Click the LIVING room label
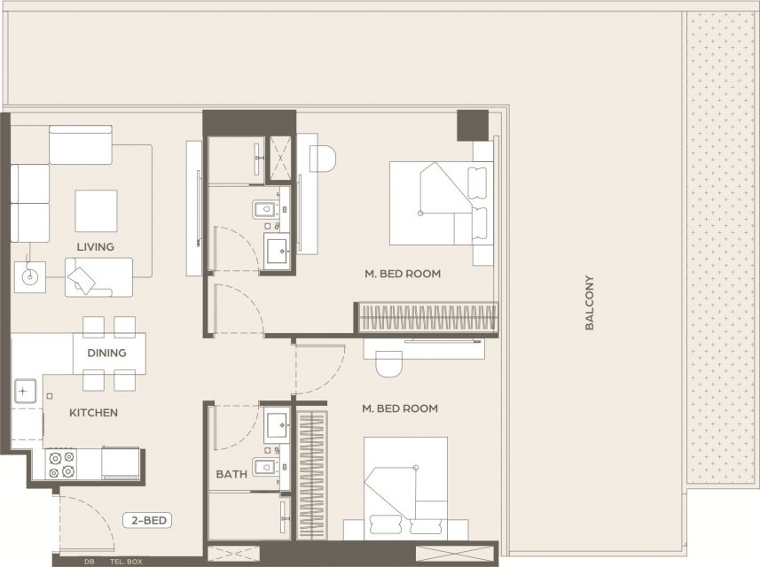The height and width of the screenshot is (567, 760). [x=96, y=247]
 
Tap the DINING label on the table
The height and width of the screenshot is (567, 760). [x=106, y=353]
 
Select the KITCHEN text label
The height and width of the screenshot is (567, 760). [x=93, y=413]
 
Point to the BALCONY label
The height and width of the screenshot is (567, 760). [x=590, y=303]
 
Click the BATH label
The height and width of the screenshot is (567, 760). [x=231, y=475]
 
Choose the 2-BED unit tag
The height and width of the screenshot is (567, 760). [x=149, y=521]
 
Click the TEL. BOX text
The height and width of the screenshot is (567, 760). [x=126, y=562]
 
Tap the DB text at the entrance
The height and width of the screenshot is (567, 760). [x=90, y=562]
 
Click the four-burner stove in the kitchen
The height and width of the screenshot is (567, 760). [x=61, y=464]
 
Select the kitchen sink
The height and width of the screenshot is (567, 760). [x=25, y=391]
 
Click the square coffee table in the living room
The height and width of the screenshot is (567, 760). [x=96, y=211]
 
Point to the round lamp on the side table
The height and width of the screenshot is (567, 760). [x=30, y=277]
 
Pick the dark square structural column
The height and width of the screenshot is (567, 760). [x=473, y=126]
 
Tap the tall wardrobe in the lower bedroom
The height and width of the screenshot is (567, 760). [x=311, y=476]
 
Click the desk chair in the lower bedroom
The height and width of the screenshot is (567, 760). [x=388, y=364]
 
